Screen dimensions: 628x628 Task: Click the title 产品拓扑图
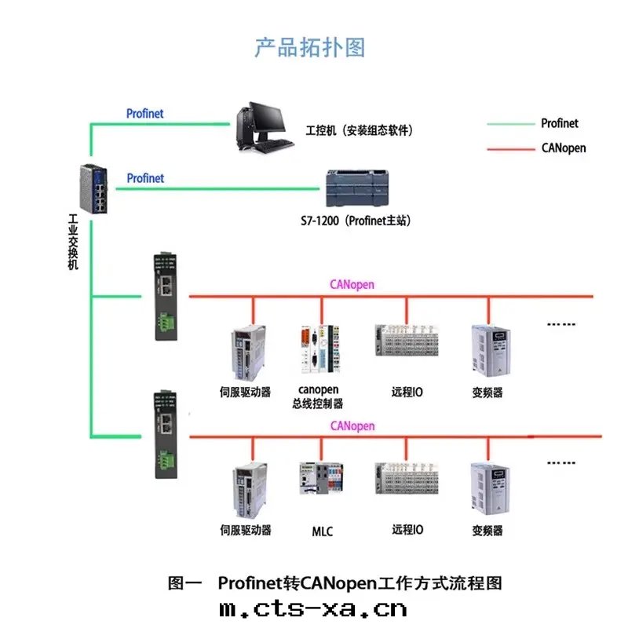[x=310, y=47]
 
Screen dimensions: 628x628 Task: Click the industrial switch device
[x=93, y=188]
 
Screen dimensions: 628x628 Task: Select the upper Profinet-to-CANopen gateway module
[x=166, y=296]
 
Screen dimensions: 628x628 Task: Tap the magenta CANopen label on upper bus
[x=352, y=285]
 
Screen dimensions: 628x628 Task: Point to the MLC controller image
[x=320, y=478]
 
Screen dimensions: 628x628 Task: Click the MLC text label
[x=322, y=531]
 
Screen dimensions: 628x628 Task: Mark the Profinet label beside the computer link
[x=145, y=114]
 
